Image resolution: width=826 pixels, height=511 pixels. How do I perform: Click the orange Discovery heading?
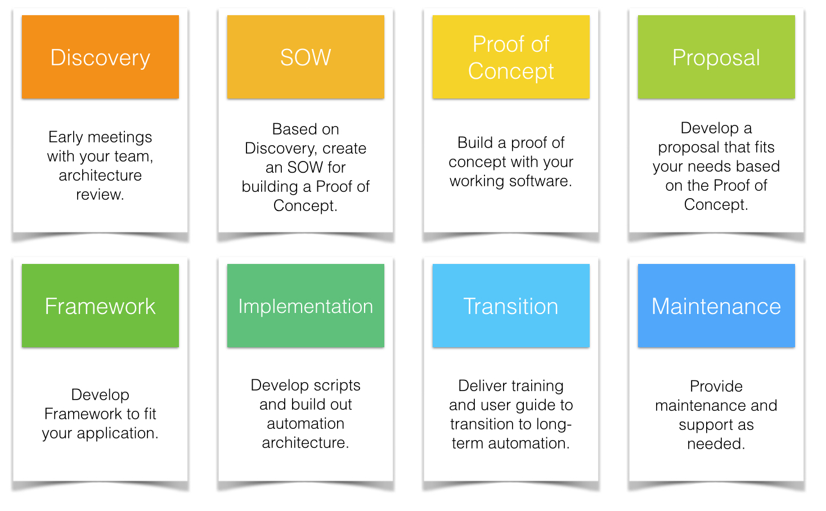pyautogui.click(x=100, y=58)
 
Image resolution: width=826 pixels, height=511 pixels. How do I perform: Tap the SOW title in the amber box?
pyautogui.click(x=306, y=57)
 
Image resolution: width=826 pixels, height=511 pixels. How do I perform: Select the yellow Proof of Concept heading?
pyautogui.click(x=511, y=57)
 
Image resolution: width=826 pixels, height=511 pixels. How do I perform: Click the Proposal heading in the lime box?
pyautogui.click(x=716, y=58)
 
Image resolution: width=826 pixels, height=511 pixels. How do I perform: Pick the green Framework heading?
pyautogui.click(x=100, y=306)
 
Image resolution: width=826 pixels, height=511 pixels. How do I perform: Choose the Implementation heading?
pyautogui.click(x=306, y=306)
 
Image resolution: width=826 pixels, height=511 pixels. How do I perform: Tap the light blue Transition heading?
pyautogui.click(x=511, y=306)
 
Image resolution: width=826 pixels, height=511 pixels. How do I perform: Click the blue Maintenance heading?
pyautogui.click(x=716, y=306)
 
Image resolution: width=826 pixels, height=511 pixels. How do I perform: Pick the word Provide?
pyautogui.click(x=716, y=387)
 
